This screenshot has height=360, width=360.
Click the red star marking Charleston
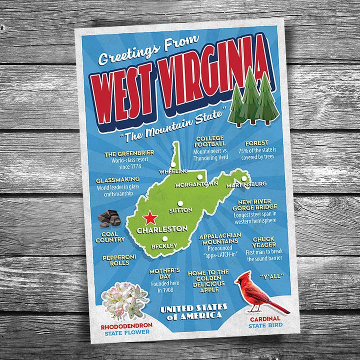click(x=150, y=218)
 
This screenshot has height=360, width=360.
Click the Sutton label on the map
click(x=180, y=210)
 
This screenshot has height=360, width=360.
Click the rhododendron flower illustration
click(x=125, y=301)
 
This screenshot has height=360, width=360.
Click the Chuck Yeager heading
click(x=263, y=242)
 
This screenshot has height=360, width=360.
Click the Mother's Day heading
click(x=164, y=273)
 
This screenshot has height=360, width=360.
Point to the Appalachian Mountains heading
click(x=220, y=238)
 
